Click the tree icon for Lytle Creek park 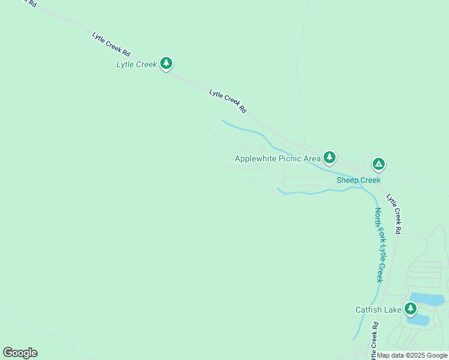click(x=166, y=63)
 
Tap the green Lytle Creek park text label click(x=136, y=64)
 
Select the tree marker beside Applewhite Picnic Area click(x=329, y=158)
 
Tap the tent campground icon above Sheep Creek click(x=378, y=163)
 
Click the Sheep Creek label click(x=358, y=180)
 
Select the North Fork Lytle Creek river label click(x=379, y=245)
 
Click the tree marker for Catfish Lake click(x=411, y=309)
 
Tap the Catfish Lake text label click(x=378, y=310)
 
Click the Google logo click(x=20, y=353)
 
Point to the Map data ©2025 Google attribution click(x=412, y=355)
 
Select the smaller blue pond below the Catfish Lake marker click(x=418, y=319)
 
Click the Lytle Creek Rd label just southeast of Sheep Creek click(x=394, y=213)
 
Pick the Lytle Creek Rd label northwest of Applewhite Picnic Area click(x=228, y=101)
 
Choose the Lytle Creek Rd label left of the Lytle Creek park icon click(x=111, y=44)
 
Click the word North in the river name click(x=378, y=217)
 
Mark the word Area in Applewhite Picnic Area click(x=312, y=159)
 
